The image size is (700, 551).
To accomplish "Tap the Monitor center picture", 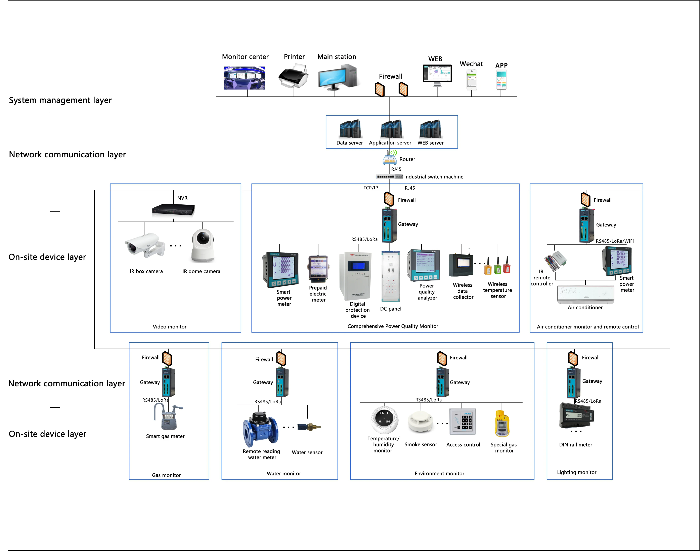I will (244, 78).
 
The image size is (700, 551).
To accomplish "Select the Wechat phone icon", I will (471, 80).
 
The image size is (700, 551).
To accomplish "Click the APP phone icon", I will (501, 80).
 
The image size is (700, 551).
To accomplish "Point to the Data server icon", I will (350, 129).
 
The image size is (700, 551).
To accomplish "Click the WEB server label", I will (430, 143).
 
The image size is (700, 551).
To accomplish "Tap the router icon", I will (390, 158).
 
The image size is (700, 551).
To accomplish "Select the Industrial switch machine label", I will (434, 177).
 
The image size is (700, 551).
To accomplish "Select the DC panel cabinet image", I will (390, 276).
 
